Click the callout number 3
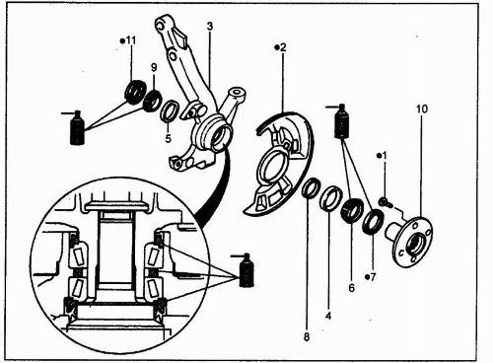pos(210,27)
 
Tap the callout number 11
pos(131,40)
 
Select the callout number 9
pos(154,67)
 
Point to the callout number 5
pos(168,139)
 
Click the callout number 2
pos(283,47)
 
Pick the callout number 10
pos(422,109)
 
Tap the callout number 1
pos(385,156)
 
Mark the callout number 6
pos(352,288)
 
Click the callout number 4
pos(328,316)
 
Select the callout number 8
pos(307,337)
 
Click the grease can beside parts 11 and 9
pos(77,128)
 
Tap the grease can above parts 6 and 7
pos(342,121)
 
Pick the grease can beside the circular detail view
pos(246,270)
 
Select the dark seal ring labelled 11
pos(135,92)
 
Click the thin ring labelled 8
pos(311,187)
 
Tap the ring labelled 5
pos(170,111)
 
